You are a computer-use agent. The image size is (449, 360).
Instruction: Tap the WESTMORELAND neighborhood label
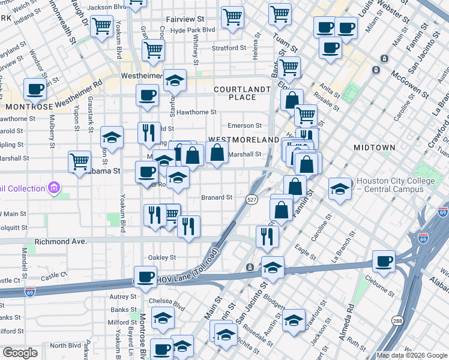[x=243, y=139]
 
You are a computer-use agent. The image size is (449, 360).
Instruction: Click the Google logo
[x=20, y=353]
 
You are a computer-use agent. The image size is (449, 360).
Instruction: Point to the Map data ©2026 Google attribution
[x=412, y=355]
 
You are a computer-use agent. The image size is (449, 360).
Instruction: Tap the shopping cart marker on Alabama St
[x=79, y=161]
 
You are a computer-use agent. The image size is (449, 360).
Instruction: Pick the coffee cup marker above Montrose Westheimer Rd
[x=35, y=89]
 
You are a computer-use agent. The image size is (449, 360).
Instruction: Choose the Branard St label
[x=216, y=197]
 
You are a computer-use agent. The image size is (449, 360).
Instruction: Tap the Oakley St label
[x=161, y=257]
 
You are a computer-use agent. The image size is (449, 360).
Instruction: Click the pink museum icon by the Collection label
[x=54, y=188]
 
